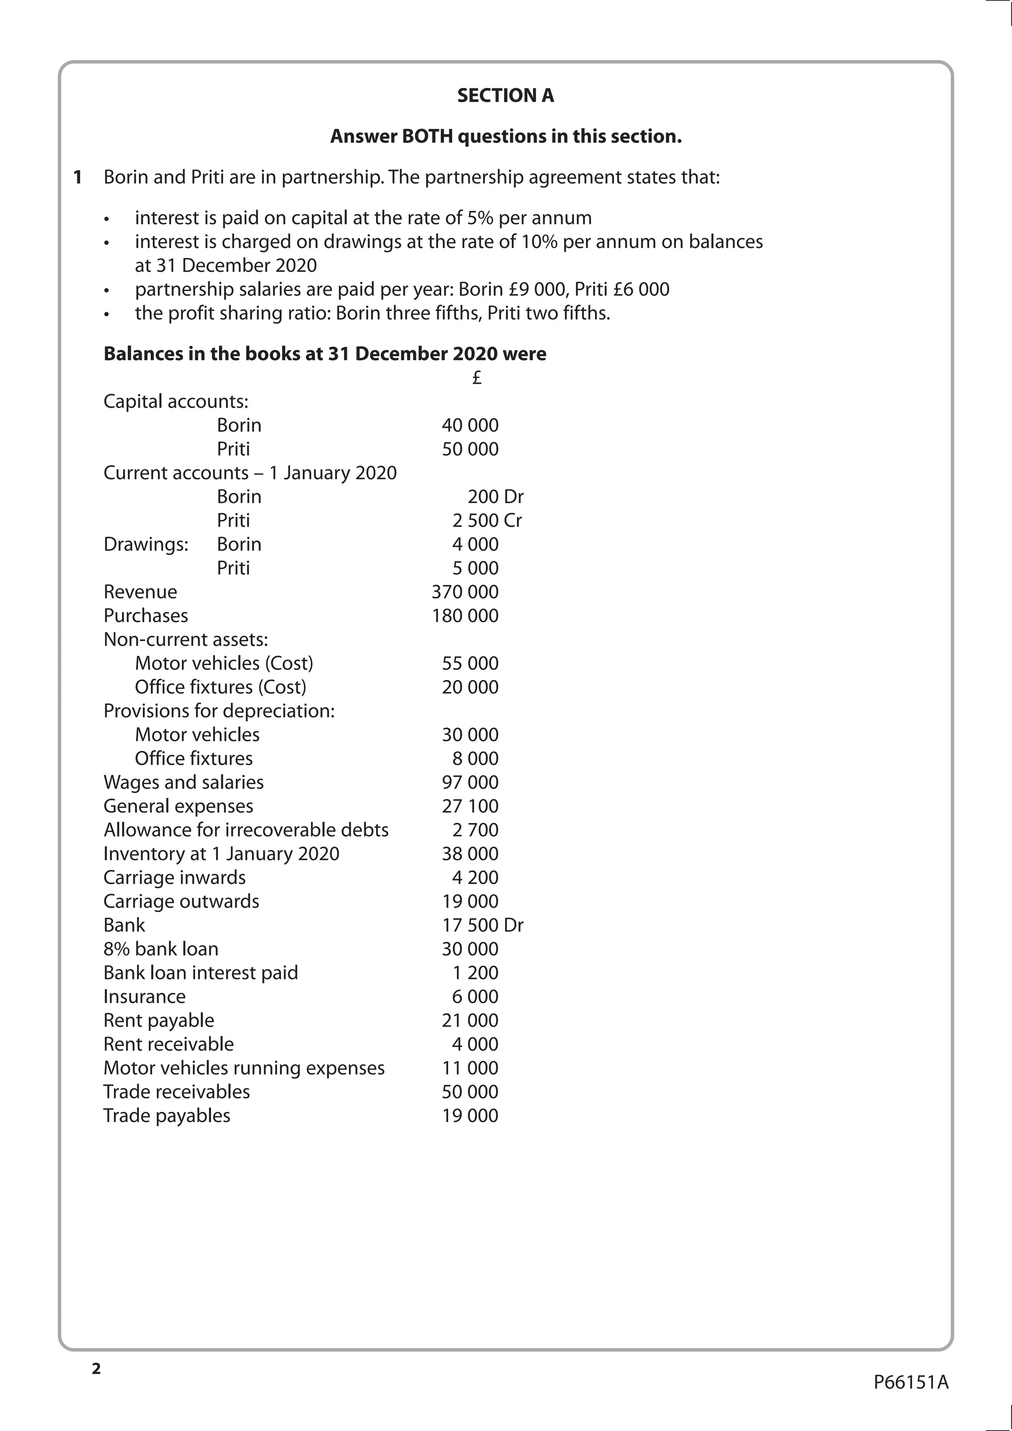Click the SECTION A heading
506,95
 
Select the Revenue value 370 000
465,591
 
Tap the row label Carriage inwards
174,877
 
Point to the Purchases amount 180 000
465,615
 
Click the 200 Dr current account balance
496,496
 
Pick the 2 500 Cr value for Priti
487,520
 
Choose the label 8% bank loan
161,949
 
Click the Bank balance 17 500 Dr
482,925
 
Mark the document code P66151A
910,1382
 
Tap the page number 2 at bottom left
96,1369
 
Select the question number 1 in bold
78,177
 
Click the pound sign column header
477,378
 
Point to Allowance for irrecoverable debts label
246,830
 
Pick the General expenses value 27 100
470,806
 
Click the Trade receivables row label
176,1092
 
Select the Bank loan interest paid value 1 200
475,972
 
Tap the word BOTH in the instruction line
428,136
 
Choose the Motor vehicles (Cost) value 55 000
470,663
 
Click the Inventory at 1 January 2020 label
221,853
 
